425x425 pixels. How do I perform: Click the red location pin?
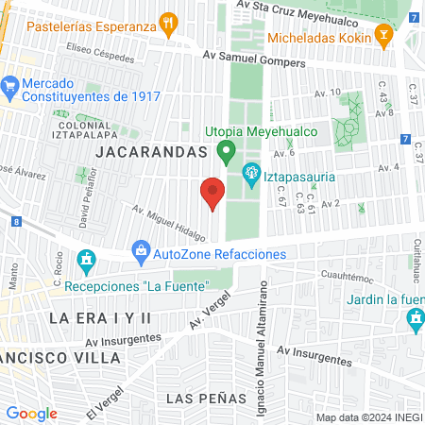click(x=212, y=192)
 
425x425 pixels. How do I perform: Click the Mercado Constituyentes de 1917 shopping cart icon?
click(x=10, y=85)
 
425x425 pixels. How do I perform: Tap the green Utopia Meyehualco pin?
click(x=225, y=149)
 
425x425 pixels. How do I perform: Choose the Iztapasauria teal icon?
click(x=251, y=172)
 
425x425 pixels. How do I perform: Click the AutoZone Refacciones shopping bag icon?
click(x=141, y=250)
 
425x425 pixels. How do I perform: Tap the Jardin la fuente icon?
click(x=416, y=321)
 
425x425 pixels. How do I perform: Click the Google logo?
click(x=31, y=413)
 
